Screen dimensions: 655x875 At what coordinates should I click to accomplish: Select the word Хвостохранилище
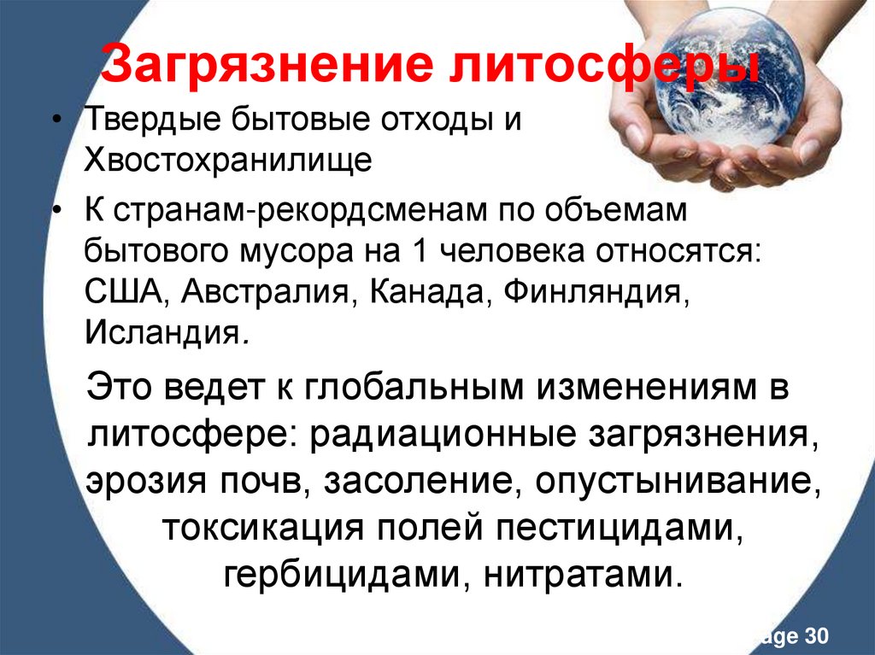[227, 160]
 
